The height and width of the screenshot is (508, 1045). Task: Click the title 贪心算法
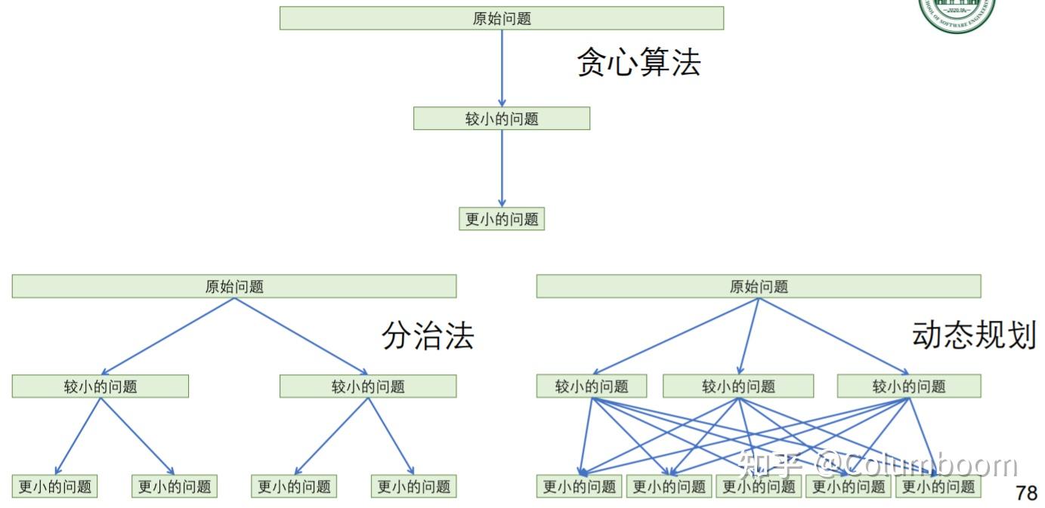click(638, 62)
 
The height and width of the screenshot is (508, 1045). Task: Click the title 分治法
click(428, 335)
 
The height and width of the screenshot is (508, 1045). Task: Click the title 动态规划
click(974, 334)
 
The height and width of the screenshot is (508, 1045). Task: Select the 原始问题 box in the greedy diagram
click(502, 18)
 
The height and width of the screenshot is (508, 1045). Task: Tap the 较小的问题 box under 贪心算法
click(502, 119)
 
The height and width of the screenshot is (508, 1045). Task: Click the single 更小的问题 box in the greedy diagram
click(502, 219)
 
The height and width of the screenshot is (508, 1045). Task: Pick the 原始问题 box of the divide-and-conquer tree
click(234, 286)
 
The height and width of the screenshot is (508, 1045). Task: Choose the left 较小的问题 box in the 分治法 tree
click(100, 386)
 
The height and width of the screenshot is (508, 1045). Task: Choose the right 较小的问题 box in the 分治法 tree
click(368, 386)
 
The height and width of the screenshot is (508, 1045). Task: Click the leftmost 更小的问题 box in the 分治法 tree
click(55, 486)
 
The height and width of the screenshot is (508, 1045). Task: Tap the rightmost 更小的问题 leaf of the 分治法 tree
click(413, 486)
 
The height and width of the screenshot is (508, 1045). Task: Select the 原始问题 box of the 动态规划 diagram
click(759, 286)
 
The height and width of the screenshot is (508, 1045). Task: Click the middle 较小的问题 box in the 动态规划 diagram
click(738, 386)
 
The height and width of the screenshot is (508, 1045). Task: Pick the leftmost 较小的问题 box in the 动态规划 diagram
click(592, 386)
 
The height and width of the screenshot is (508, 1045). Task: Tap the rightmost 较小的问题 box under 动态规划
click(909, 386)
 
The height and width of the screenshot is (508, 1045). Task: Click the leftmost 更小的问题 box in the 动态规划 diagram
click(580, 486)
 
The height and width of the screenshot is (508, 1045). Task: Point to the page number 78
click(1026, 494)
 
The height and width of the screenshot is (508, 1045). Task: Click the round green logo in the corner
click(957, 11)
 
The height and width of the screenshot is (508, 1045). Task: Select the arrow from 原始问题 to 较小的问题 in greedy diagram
click(502, 68)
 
